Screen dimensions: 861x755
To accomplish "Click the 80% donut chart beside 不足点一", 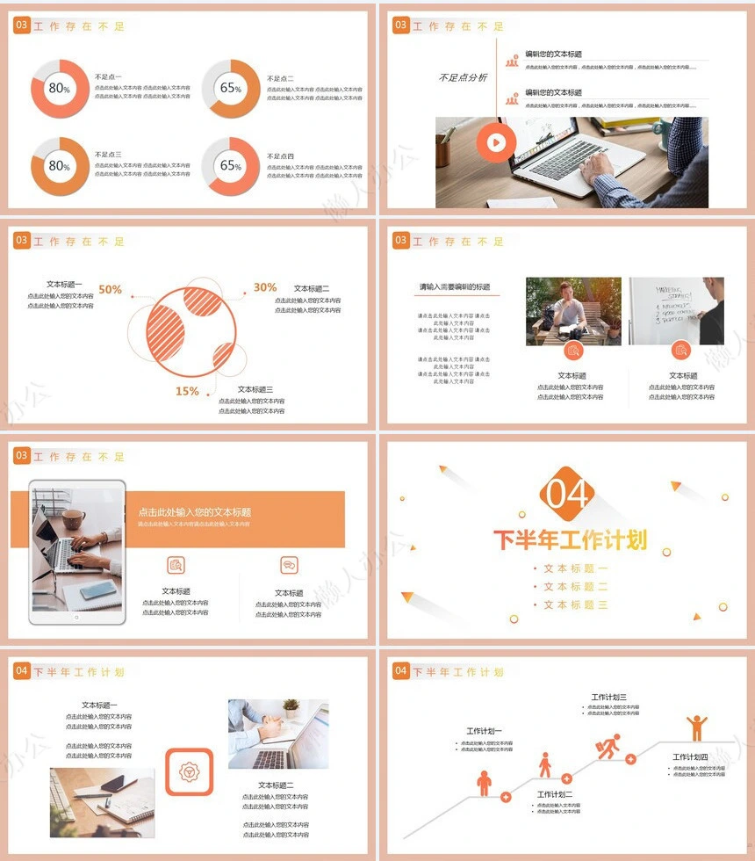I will tap(60, 88).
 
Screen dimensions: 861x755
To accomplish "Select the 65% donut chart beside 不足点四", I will tap(231, 165).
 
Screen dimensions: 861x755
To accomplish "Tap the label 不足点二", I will tap(281, 79).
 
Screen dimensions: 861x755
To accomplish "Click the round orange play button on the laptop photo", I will tap(496, 143).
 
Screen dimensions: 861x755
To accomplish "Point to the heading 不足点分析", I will tap(463, 78).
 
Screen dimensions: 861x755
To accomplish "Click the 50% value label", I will tap(110, 289).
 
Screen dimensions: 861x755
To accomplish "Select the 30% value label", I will tap(265, 287).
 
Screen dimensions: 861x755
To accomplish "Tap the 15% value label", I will tap(186, 392).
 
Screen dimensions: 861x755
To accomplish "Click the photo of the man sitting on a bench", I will tap(572, 311).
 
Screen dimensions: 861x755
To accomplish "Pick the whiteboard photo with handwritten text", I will tap(676, 311).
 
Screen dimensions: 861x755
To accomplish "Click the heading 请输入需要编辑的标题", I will tap(454, 287).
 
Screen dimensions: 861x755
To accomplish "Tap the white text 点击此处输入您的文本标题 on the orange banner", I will tap(194, 512).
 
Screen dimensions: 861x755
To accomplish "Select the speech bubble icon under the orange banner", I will tap(289, 565).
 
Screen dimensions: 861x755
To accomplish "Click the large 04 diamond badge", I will tap(567, 495).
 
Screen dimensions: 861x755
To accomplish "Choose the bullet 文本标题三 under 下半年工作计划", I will tap(574, 605).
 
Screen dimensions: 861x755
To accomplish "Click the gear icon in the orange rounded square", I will tap(189, 771).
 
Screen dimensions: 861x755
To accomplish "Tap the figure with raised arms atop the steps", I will tap(697, 727).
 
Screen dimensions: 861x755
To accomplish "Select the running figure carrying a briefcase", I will tap(608, 746).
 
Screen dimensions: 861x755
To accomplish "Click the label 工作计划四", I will tap(690, 757).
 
